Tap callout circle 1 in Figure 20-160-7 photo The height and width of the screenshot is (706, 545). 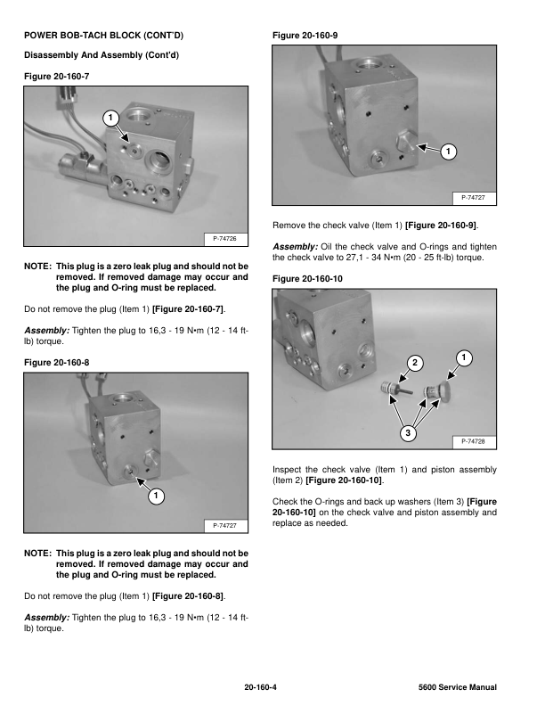pos(109,118)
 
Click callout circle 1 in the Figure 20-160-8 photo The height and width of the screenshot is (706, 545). pos(155,495)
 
